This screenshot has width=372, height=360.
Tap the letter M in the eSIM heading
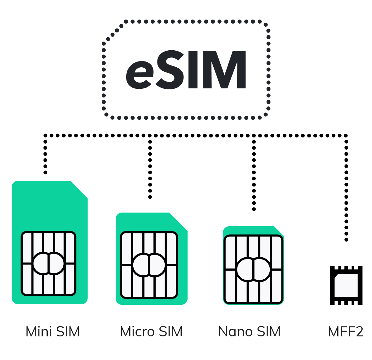(x=222, y=70)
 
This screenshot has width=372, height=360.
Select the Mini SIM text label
(x=53, y=331)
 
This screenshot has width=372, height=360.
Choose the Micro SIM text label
(x=151, y=331)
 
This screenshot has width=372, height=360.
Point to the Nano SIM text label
(x=249, y=331)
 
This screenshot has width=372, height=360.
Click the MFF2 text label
(x=346, y=331)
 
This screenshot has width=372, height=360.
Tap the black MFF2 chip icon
(x=346, y=285)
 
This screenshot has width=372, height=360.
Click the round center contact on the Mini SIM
(x=49, y=263)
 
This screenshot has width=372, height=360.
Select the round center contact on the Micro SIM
(x=149, y=265)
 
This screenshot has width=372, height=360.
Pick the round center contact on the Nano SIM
(x=253, y=269)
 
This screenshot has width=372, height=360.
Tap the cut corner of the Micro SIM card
(x=178, y=221)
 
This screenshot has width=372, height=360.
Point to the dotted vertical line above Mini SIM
(x=46, y=155)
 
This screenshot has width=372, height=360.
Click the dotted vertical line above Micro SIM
(x=150, y=168)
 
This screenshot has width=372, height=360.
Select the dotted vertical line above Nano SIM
(x=254, y=174)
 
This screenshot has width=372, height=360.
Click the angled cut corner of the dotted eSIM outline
(x=113, y=33)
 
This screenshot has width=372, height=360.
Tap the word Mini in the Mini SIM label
(x=38, y=331)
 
